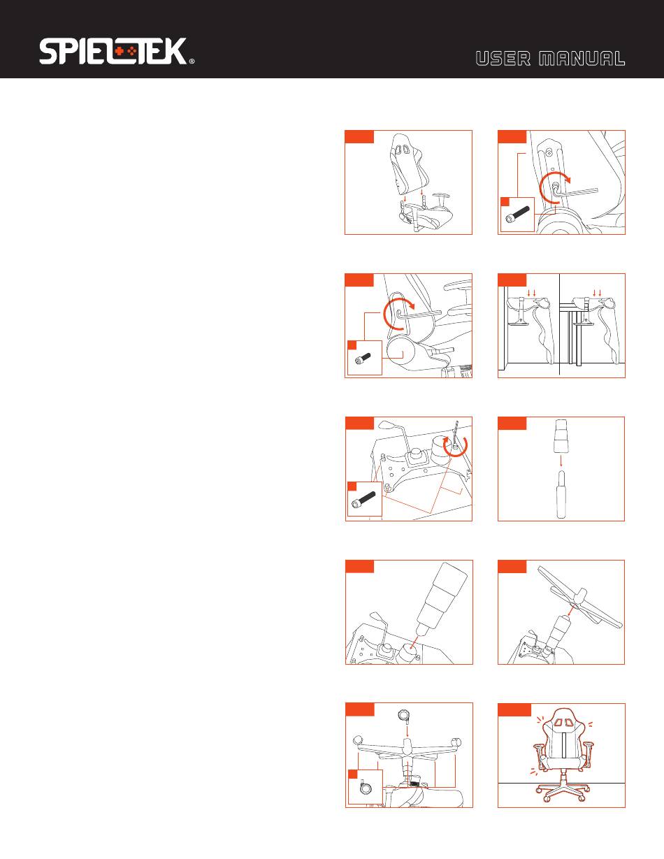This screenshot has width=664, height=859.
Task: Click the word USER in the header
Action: coord(503,59)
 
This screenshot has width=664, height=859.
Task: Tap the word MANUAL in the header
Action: coord(582,59)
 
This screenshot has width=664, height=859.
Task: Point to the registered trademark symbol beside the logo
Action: coord(192,62)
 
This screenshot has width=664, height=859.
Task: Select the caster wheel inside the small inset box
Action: coord(365,787)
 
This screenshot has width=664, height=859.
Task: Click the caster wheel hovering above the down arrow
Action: coord(404,715)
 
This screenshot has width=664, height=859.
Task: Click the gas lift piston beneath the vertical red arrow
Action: coord(561,494)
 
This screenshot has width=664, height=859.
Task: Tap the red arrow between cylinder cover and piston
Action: coord(561,461)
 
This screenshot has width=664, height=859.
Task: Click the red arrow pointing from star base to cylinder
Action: coord(570,613)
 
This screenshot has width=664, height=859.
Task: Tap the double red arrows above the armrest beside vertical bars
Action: coord(597,293)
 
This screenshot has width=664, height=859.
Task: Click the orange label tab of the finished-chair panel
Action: coord(514,709)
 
